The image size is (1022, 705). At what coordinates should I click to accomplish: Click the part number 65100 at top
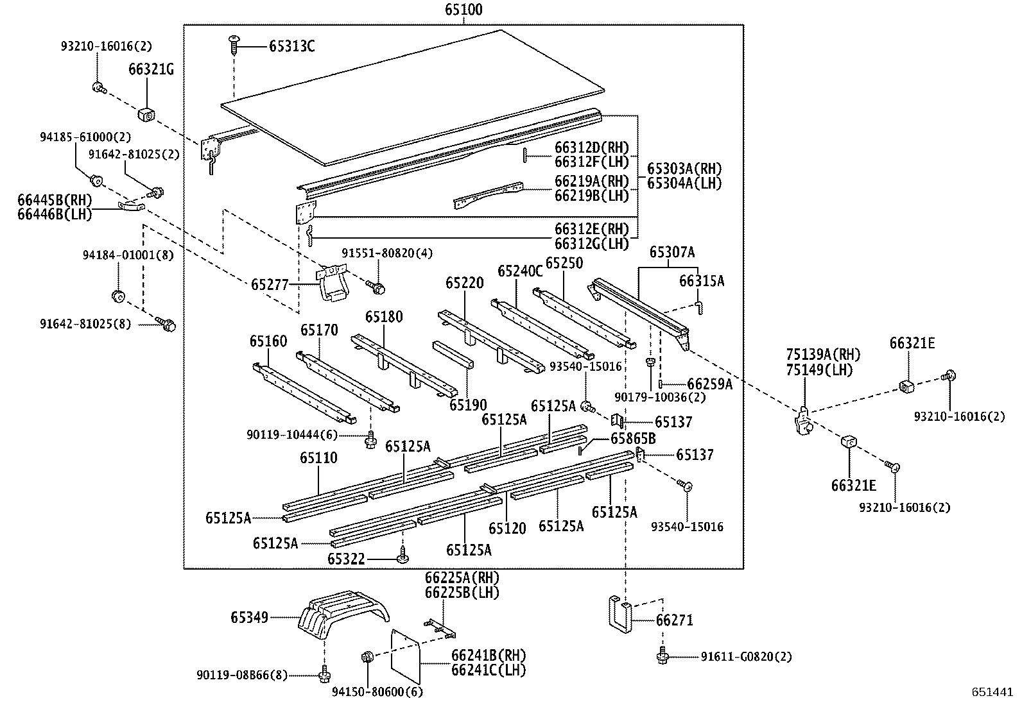tap(463, 10)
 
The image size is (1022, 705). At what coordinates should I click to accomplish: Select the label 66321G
tap(151, 69)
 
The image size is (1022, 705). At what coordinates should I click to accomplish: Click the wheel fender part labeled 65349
tap(343, 617)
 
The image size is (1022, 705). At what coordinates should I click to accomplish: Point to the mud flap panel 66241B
tap(406, 656)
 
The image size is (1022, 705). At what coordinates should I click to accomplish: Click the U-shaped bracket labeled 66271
tap(618, 614)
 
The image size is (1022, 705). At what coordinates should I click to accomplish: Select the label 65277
tap(270, 284)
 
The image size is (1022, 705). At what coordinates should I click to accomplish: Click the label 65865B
tap(633, 438)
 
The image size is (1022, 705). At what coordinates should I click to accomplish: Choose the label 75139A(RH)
tap(823, 355)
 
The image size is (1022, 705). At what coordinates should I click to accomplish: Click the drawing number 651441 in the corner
tap(992, 692)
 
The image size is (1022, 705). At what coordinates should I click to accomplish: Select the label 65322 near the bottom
tap(346, 559)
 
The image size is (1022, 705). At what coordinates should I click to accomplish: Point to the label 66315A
tap(701, 280)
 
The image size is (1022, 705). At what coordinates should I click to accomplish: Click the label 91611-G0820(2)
tap(746, 657)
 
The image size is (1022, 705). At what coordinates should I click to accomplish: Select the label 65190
tap(468, 405)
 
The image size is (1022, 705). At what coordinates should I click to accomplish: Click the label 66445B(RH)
tap(55, 200)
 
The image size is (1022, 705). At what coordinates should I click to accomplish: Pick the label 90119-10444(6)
tap(291, 435)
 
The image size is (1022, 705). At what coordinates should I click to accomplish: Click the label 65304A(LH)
tap(684, 183)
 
